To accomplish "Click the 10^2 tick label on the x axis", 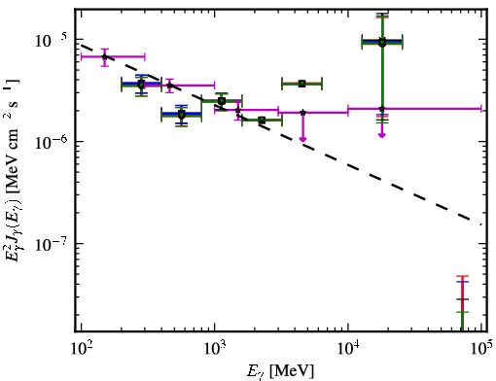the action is click(x=83, y=348).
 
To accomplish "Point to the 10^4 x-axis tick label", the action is click(x=349, y=348).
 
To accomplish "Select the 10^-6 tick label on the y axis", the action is click(x=52, y=142).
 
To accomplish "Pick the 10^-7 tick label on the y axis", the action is click(x=52, y=244).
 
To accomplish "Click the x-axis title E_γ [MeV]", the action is click(x=280, y=371).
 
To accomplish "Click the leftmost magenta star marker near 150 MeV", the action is click(x=104, y=56).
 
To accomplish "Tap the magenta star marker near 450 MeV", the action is click(x=169, y=86).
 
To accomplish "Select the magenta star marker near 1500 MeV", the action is click(x=238, y=111).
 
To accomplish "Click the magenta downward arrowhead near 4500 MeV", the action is click(x=302, y=139).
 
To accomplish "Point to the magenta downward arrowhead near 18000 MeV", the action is click(x=382, y=135).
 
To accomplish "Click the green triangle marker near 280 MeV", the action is click(x=141, y=86).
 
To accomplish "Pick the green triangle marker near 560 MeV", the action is click(x=182, y=115).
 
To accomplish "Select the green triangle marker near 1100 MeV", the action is click(x=222, y=101).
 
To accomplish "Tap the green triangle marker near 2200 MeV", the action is click(x=262, y=121).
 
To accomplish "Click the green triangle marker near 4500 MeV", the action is click(x=302, y=84).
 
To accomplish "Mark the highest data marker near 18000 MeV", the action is click(x=382, y=41).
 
